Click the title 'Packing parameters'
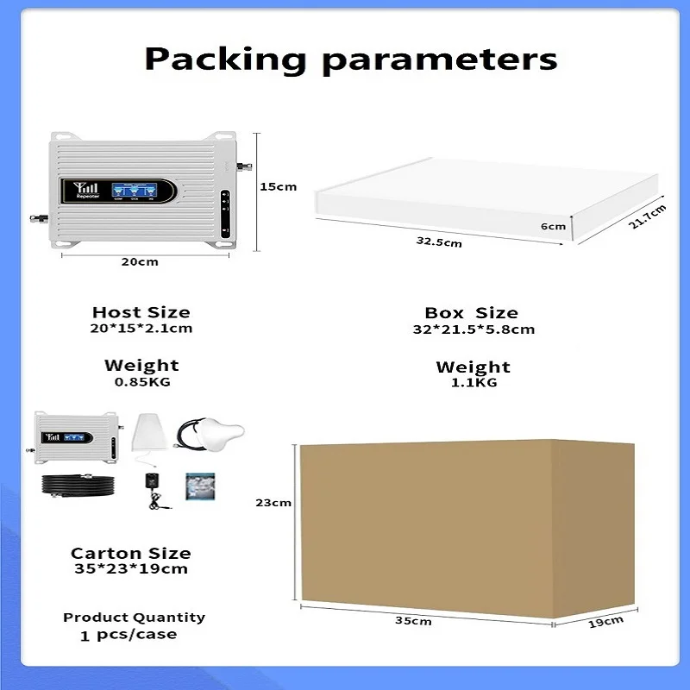click(x=350, y=59)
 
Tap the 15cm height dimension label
click(x=279, y=186)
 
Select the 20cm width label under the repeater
click(x=139, y=261)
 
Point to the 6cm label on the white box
click(x=553, y=227)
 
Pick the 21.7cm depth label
click(x=647, y=211)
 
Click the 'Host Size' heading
click(x=141, y=312)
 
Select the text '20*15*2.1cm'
click(x=141, y=329)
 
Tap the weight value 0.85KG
click(x=141, y=381)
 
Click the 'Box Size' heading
click(x=471, y=313)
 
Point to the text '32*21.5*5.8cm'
click(x=473, y=329)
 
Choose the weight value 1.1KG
click(x=473, y=383)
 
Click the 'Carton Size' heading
click(x=130, y=553)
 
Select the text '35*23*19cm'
click(x=130, y=569)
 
